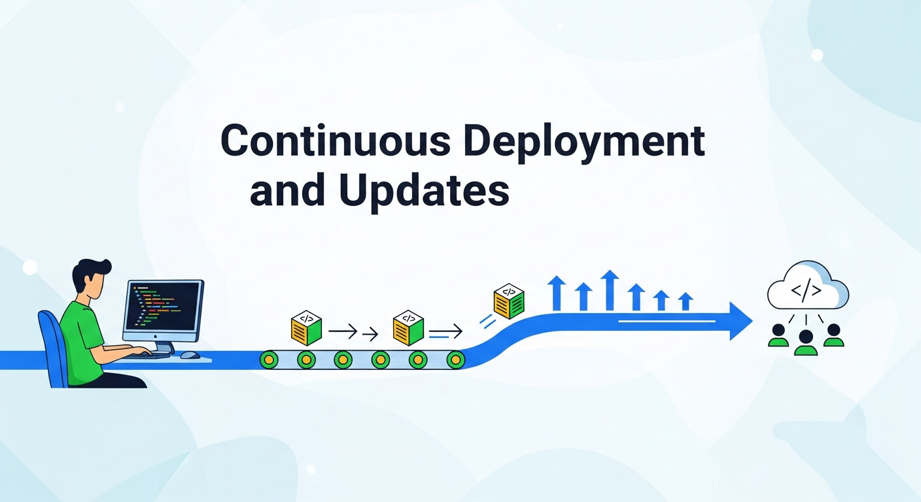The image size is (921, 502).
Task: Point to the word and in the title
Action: coord(288,191)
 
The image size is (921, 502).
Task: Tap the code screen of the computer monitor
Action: coord(162,308)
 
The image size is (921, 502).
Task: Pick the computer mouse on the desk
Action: coord(190,355)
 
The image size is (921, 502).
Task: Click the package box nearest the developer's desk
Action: coord(306,329)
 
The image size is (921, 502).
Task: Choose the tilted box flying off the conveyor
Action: coord(509,301)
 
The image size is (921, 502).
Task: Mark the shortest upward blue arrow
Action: coord(686,301)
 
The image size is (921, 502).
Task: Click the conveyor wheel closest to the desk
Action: coord(269,359)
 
